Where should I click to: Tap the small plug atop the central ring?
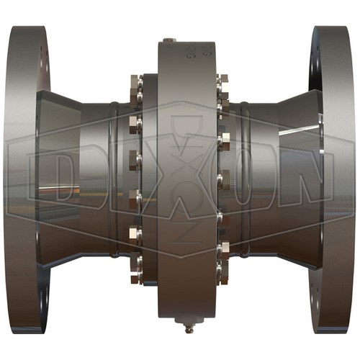(x=169, y=40)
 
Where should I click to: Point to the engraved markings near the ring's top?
(x=197, y=51)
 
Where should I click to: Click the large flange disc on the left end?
(x=27, y=179)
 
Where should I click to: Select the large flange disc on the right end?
(x=333, y=179)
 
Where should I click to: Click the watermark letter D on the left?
(x=66, y=178)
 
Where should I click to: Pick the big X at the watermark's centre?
(x=186, y=178)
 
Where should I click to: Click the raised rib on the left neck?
(x=114, y=179)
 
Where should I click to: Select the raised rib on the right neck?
(x=246, y=179)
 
